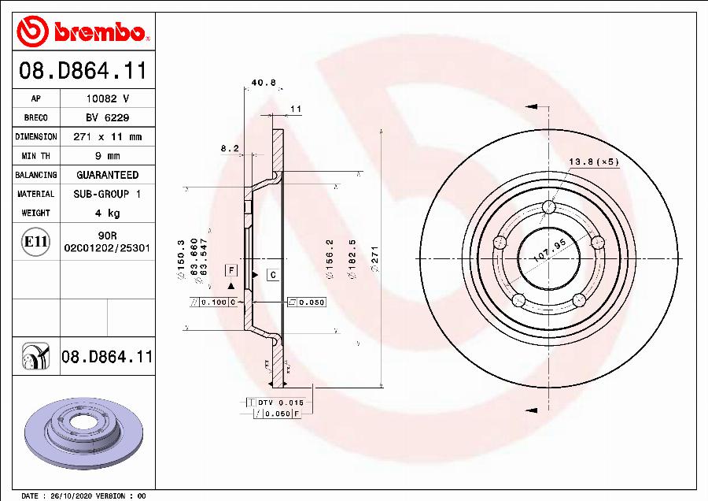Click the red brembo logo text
(x=98, y=32)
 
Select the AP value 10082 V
(x=107, y=98)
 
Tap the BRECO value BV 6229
(x=107, y=117)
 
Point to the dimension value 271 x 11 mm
(x=107, y=136)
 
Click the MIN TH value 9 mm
(x=107, y=155)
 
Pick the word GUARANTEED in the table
(x=107, y=175)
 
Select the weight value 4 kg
(x=107, y=213)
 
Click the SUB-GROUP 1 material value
(x=107, y=194)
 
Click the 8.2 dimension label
(x=229, y=147)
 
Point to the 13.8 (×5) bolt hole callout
(x=594, y=161)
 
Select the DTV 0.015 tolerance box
(x=279, y=403)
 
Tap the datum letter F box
(x=231, y=270)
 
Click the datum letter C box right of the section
(x=272, y=275)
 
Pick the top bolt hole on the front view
(x=549, y=207)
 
